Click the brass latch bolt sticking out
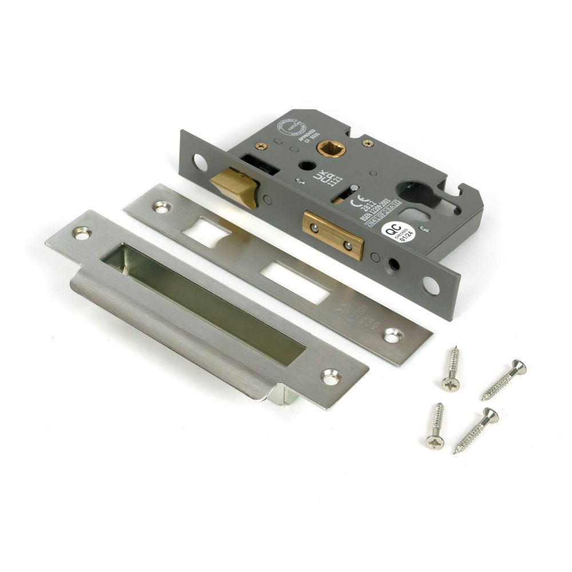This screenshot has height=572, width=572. pyautogui.click(x=233, y=185)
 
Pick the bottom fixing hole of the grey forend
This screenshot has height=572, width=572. pyautogui.click(x=432, y=287)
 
